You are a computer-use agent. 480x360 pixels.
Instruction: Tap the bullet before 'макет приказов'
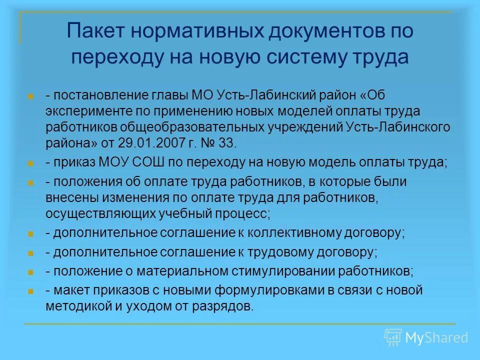31,291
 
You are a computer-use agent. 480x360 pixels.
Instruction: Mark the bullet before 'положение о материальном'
31,272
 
